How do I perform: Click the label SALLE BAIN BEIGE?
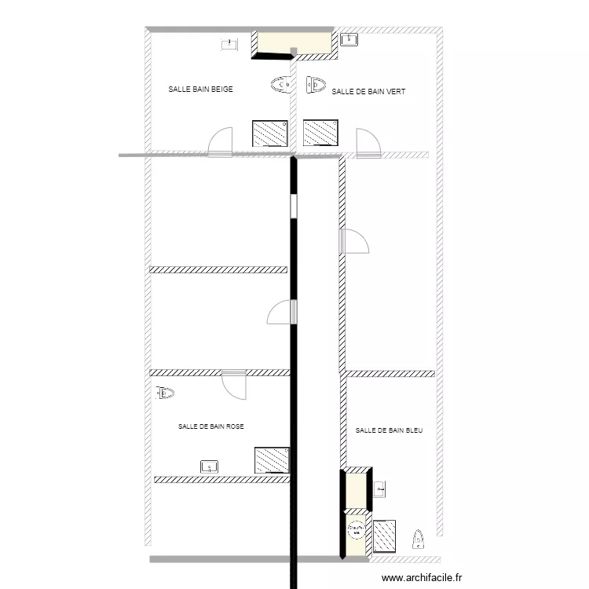[200, 90]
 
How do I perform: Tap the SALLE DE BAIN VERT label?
[368, 92]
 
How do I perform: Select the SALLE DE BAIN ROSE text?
[210, 426]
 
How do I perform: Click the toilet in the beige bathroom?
[280, 84]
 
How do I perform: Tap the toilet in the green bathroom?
[315, 83]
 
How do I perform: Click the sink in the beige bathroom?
[229, 44]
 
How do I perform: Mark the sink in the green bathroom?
[349, 38]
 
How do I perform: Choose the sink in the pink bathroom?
[210, 466]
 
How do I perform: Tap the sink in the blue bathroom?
[381, 489]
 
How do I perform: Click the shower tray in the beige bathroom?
[270, 133]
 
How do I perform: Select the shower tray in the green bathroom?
[320, 133]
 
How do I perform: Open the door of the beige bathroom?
[221, 141]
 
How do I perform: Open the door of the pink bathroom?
[234, 382]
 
